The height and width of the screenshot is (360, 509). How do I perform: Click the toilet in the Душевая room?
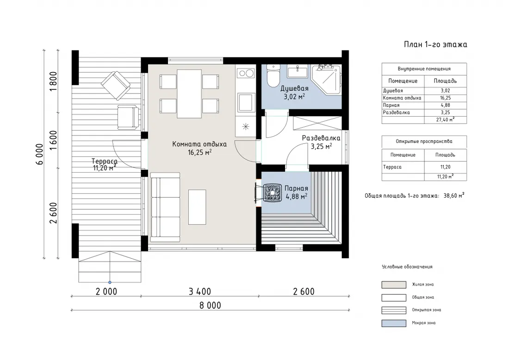point(273,75)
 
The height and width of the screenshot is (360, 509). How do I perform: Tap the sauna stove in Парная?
point(272,193)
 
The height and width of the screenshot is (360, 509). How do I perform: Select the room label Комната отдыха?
point(199,144)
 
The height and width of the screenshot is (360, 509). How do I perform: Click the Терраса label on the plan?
point(105,161)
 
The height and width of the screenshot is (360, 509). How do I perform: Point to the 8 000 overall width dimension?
point(211,305)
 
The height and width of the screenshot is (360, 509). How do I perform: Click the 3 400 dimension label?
point(200,292)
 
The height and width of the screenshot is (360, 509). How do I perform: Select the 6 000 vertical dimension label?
point(40,154)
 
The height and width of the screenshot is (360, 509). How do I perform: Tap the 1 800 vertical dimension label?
point(53,81)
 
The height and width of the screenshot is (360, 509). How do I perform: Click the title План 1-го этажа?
point(435,44)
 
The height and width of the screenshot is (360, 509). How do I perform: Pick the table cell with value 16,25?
point(445,98)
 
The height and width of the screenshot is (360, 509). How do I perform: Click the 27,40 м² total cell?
point(445,119)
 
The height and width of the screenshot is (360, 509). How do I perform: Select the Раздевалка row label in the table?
point(397,112)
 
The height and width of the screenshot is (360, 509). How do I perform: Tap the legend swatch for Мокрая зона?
point(394,323)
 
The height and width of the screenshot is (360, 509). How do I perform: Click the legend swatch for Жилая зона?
point(394,285)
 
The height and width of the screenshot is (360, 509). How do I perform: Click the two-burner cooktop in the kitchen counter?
point(246,74)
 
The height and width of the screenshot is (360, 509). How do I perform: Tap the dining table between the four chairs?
point(189,94)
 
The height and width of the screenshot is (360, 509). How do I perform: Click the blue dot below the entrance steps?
point(110,282)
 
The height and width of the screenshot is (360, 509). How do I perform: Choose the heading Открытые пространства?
point(424,142)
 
